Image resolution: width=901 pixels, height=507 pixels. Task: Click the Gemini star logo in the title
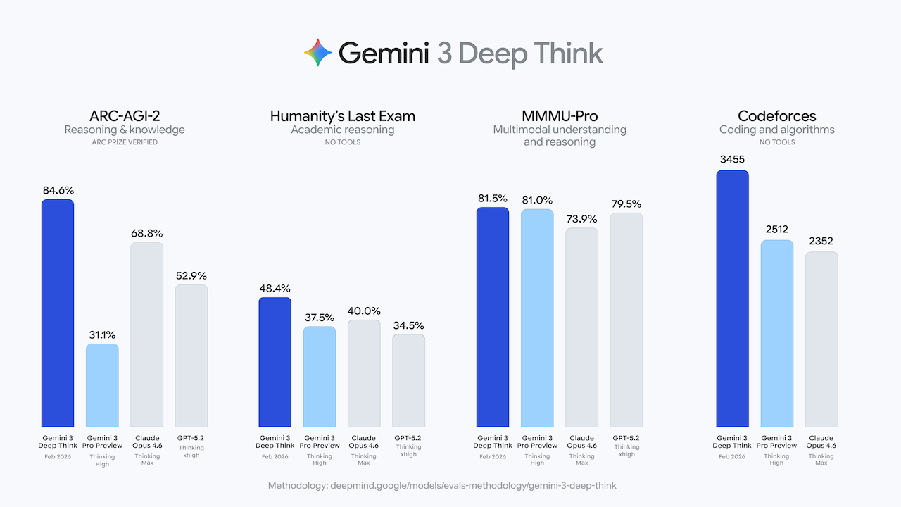tap(317, 54)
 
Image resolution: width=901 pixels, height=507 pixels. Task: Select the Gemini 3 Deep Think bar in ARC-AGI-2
tap(58, 313)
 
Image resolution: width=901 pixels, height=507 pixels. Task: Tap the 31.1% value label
tap(102, 334)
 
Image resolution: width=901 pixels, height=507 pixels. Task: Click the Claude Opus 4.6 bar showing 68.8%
tap(146, 334)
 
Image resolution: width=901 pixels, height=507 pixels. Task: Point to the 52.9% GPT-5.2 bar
tap(191, 356)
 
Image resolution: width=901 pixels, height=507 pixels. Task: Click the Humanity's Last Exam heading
tap(343, 116)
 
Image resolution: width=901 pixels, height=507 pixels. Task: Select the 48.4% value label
tap(275, 288)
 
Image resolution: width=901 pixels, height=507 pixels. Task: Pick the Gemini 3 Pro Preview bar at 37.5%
tap(320, 377)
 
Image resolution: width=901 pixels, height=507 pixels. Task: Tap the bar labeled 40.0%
tap(364, 373)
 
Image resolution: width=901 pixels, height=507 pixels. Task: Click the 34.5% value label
tap(408, 325)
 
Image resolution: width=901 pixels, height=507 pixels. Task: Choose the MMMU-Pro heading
tap(560, 116)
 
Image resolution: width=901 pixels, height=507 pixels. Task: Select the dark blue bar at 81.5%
tap(493, 317)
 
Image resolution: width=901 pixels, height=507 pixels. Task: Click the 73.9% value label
tap(581, 218)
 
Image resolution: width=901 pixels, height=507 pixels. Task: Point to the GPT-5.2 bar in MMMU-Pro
tap(626, 320)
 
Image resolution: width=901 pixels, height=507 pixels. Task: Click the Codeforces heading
tap(776, 116)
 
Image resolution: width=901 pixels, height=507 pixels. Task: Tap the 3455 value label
tap(732, 160)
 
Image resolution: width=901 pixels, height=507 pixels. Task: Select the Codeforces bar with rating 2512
tap(776, 334)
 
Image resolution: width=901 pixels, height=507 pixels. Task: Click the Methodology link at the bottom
tap(442, 486)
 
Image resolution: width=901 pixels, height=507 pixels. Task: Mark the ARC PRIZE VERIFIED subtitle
tap(125, 142)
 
